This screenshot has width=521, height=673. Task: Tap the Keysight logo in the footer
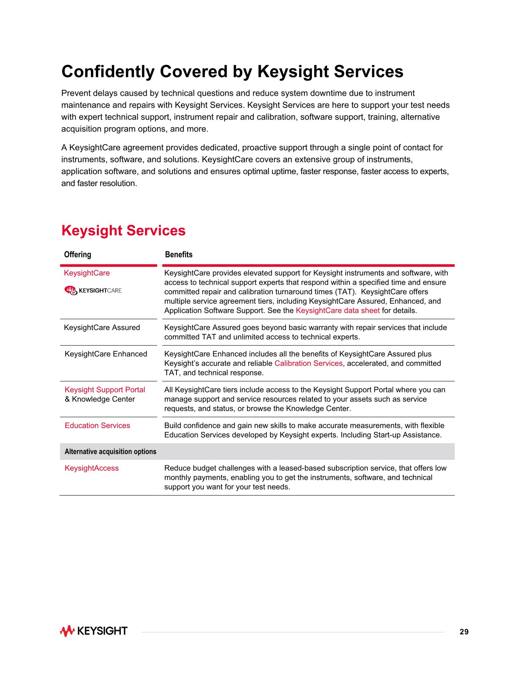click(94, 631)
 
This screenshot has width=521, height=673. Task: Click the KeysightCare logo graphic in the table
click(93, 290)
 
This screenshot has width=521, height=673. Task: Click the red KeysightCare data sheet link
click(337, 310)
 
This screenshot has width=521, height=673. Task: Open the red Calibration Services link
click(308, 363)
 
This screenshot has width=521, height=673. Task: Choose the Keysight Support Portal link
click(105, 390)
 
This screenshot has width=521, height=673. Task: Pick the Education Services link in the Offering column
click(97, 426)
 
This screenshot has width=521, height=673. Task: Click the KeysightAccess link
click(91, 468)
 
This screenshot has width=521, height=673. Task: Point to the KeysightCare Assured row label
click(102, 328)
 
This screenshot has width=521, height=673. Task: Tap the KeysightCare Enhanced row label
click(106, 354)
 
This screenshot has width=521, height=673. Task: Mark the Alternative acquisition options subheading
click(110, 451)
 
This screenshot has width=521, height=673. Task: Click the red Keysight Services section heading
click(123, 231)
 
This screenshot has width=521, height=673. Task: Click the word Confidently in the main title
click(108, 72)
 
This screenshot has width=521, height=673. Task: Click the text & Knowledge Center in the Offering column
click(100, 399)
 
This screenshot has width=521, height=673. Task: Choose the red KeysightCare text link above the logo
click(87, 273)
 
